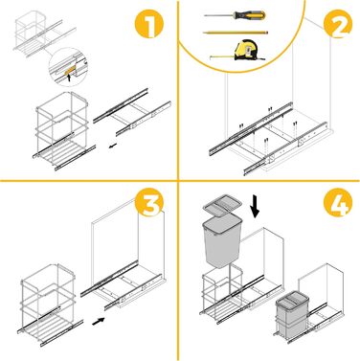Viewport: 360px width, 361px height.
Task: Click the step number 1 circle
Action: pos(149,24)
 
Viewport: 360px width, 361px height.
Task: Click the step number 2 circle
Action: pos(338,24)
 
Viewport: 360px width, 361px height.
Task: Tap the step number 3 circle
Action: pos(149,205)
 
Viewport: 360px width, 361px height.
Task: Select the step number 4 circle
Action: pos(338,205)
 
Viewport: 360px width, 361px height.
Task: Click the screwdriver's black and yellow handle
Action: pos(249,14)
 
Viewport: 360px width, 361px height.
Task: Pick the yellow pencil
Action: pos(236,33)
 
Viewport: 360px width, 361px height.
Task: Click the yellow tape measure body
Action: pos(245,50)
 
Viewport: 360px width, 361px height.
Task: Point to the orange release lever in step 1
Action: pos(69,71)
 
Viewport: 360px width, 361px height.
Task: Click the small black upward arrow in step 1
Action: pos(69,78)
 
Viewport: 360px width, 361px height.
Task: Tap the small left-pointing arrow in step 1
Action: pos(112,147)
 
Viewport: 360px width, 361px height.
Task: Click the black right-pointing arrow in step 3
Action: pos(99,321)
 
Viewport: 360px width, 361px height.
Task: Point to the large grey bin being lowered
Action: pos(222,241)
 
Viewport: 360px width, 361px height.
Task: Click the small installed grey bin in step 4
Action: pos(292,314)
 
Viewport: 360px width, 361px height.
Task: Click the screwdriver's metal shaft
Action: pos(219,15)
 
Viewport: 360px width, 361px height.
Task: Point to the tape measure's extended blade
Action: pos(222,56)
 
